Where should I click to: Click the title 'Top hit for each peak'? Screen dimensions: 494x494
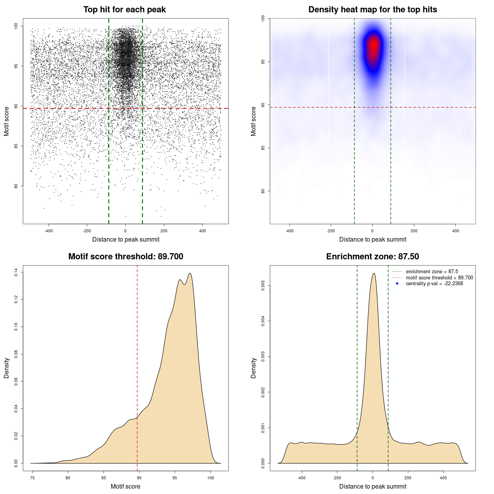click(x=124, y=10)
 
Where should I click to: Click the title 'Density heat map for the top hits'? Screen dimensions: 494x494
click(x=372, y=10)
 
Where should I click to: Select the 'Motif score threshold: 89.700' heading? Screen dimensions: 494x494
click(x=125, y=257)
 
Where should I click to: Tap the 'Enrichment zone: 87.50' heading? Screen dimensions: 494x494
click(x=372, y=257)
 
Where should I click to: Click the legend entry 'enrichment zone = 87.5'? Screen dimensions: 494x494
click(x=431, y=272)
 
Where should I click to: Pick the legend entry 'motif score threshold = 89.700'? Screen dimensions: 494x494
click(x=439, y=278)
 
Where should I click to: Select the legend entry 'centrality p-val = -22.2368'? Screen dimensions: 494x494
click(x=434, y=284)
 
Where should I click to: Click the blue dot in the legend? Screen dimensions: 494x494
click(x=397, y=284)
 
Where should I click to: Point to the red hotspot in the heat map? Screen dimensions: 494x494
click(x=373, y=46)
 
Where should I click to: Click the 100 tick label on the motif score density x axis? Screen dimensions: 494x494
click(x=210, y=478)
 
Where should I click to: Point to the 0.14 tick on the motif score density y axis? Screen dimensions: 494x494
click(x=16, y=272)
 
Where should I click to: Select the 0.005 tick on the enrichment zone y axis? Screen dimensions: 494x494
click(x=263, y=286)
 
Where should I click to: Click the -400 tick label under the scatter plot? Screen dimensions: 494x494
click(x=49, y=231)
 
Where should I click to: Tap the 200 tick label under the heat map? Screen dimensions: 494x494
click(x=414, y=231)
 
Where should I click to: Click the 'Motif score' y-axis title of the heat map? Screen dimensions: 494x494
click(x=253, y=121)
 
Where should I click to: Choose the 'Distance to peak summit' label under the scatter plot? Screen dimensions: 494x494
click(x=126, y=240)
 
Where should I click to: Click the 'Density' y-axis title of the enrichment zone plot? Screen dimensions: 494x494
click(x=253, y=368)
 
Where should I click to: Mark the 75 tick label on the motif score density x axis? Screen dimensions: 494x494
click(x=32, y=478)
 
